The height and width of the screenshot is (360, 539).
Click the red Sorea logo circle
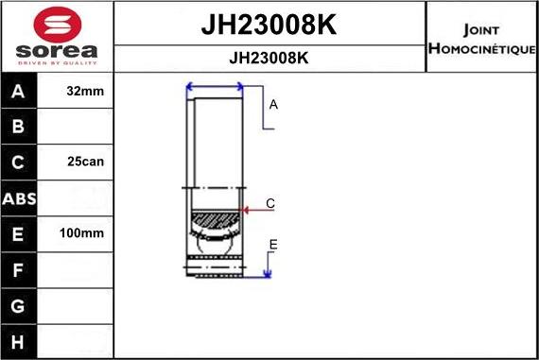click(x=57, y=22)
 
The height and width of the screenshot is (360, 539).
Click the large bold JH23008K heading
click(x=269, y=26)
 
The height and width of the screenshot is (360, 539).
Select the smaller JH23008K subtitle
click(x=269, y=57)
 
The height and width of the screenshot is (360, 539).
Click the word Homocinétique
click(x=482, y=48)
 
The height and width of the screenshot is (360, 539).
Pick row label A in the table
click(x=18, y=92)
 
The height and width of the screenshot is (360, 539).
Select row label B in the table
click(x=18, y=127)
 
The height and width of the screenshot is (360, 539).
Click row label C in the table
click(x=18, y=162)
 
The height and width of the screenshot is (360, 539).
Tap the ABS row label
click(x=18, y=198)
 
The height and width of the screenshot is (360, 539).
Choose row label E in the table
click(x=18, y=233)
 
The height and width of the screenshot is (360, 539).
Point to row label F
click(x=18, y=269)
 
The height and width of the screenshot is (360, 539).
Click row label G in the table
click(x=18, y=305)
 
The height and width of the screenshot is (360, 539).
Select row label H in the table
click(x=18, y=340)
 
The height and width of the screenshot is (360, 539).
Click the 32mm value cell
click(x=86, y=92)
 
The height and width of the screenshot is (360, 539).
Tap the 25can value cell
click(x=86, y=162)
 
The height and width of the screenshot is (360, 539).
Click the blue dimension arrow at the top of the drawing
click(x=216, y=87)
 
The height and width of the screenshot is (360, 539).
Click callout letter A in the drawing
click(x=273, y=105)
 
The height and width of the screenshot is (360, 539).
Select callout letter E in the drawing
click(x=273, y=245)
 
